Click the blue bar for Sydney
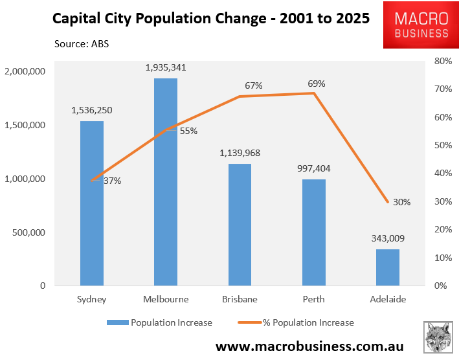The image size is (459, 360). tap(92, 203)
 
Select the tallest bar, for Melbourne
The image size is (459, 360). tap(166, 182)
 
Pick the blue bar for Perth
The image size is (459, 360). tap(314, 232)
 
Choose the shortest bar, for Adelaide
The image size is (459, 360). tap(388, 267)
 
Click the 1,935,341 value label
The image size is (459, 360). tap(166, 67)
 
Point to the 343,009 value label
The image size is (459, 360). tap(388, 238)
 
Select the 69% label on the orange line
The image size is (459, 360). tap(317, 84)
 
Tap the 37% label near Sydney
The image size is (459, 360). tap(112, 181)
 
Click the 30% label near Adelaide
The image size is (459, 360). tap(401, 202)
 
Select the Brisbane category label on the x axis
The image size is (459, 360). tap(240, 299)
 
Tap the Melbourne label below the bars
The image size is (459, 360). tap(166, 299)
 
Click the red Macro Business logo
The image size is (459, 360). tap(416, 25)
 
